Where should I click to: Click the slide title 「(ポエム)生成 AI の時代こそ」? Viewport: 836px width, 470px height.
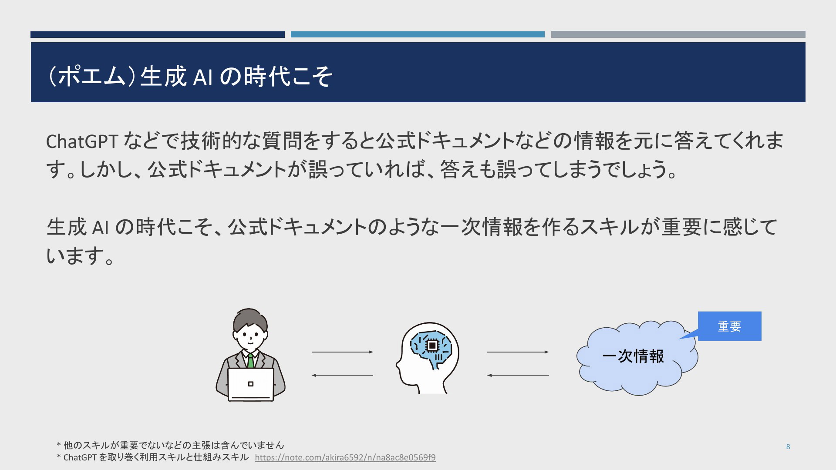(x=190, y=77)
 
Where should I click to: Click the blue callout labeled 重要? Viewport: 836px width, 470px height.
(x=729, y=326)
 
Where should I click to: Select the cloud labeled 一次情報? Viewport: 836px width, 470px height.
(x=637, y=358)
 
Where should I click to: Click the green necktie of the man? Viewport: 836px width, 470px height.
(x=251, y=361)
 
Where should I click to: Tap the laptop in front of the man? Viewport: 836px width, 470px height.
(x=251, y=384)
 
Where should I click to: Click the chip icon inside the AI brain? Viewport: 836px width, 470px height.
(x=432, y=345)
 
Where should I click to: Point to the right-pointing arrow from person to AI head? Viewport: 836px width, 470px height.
(x=342, y=352)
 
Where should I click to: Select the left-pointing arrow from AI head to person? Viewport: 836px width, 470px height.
(x=342, y=375)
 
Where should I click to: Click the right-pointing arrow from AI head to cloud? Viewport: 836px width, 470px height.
(x=518, y=352)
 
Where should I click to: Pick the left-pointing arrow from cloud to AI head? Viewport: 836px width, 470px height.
(x=518, y=375)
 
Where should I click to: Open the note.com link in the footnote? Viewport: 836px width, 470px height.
(x=345, y=457)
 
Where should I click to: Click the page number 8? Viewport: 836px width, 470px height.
(x=788, y=446)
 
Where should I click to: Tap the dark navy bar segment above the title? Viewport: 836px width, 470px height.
(x=158, y=34)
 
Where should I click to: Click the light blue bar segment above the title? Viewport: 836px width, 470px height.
(x=418, y=34)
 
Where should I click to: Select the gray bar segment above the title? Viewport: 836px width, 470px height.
(x=678, y=34)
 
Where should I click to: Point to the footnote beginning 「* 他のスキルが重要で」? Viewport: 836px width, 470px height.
(x=170, y=445)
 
